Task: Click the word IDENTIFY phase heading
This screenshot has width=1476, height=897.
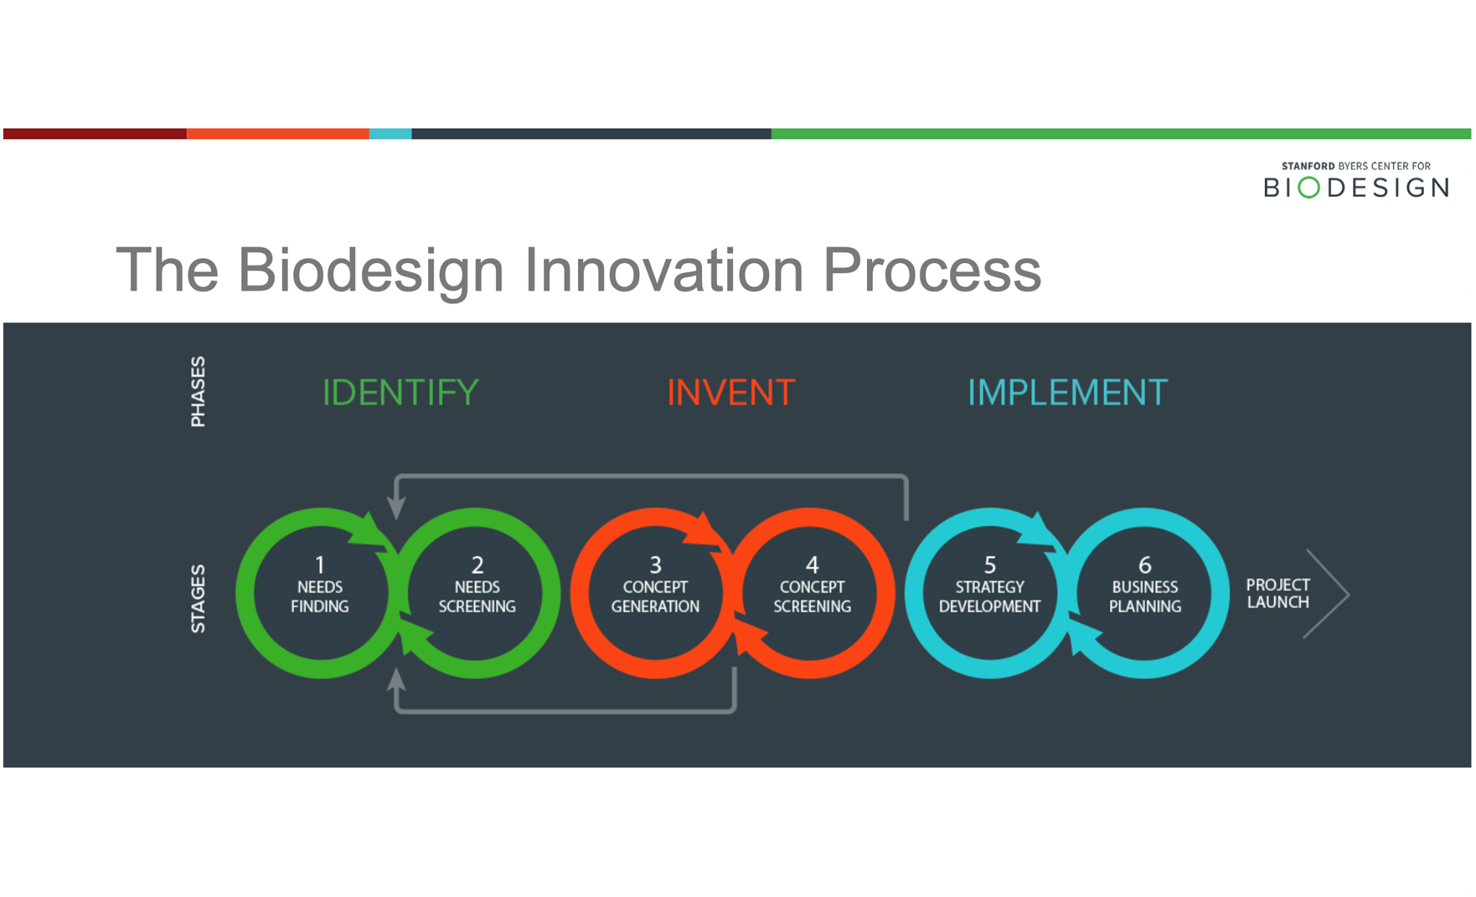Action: [400, 392]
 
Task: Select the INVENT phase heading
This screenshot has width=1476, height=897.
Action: [730, 393]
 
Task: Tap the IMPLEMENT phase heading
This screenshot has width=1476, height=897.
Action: [1067, 393]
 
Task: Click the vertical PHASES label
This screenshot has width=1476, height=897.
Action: [197, 392]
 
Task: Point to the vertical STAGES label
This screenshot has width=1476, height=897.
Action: [197, 598]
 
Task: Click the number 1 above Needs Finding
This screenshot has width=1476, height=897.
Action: [320, 564]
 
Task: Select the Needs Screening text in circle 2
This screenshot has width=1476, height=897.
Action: [476, 597]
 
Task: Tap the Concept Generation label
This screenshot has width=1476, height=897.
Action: [654, 597]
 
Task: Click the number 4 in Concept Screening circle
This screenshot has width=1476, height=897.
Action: [812, 564]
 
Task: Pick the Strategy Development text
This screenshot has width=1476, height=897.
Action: [989, 597]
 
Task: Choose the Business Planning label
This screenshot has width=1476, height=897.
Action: [1144, 597]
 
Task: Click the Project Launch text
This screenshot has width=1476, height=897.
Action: [1277, 593]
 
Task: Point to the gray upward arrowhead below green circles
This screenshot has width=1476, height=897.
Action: [396, 679]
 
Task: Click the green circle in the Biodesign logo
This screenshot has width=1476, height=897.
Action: [1308, 187]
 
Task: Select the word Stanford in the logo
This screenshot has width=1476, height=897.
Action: [1307, 166]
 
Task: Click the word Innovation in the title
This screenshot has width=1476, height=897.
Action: [663, 270]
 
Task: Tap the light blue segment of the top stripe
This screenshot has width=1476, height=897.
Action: [390, 133]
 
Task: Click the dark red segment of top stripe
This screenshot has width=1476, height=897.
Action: [94, 133]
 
